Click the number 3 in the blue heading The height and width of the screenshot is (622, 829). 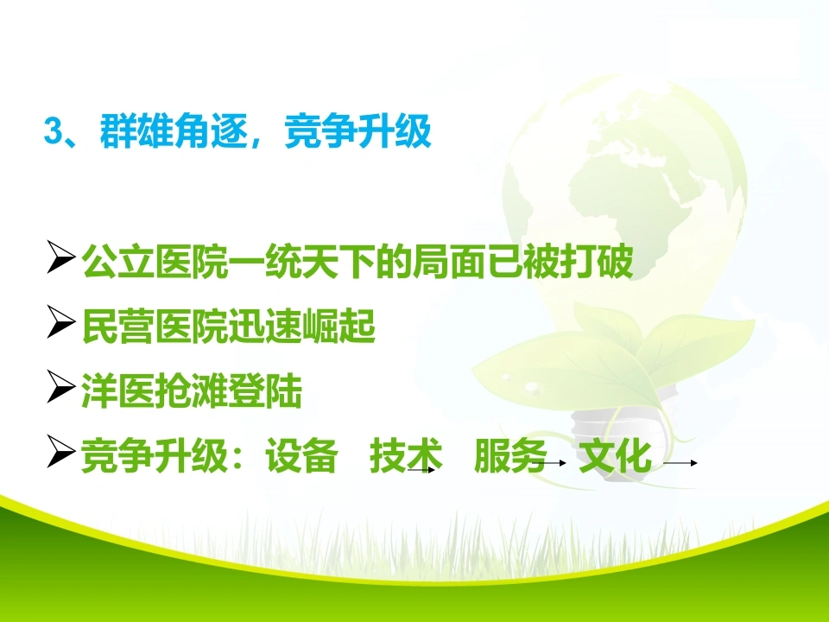pyautogui.click(x=53, y=130)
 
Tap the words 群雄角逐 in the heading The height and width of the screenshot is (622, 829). pyautogui.click(x=173, y=130)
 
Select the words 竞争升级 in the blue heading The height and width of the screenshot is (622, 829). pyautogui.click(x=358, y=130)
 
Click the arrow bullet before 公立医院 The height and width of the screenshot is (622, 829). pyautogui.click(x=60, y=257)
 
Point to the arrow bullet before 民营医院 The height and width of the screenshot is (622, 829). pyautogui.click(x=60, y=321)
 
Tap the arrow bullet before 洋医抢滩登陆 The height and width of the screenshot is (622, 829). pyautogui.click(x=60, y=387)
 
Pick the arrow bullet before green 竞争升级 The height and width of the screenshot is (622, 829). pyautogui.click(x=60, y=452)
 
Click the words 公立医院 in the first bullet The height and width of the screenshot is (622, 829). pyautogui.click(x=155, y=260)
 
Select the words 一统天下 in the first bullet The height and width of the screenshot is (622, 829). pyautogui.click(x=301, y=260)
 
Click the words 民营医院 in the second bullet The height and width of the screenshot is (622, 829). pyautogui.click(x=155, y=326)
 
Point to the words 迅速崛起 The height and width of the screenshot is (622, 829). pyautogui.click(x=301, y=326)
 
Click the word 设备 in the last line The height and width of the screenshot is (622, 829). pyautogui.click(x=301, y=455)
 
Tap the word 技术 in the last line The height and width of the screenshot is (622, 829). pyautogui.click(x=406, y=455)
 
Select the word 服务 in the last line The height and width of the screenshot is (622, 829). pyautogui.click(x=510, y=455)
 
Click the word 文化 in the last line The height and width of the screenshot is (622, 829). pyautogui.click(x=615, y=455)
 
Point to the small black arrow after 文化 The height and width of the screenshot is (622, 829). pyautogui.click(x=680, y=463)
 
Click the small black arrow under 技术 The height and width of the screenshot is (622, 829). pyautogui.click(x=421, y=469)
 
